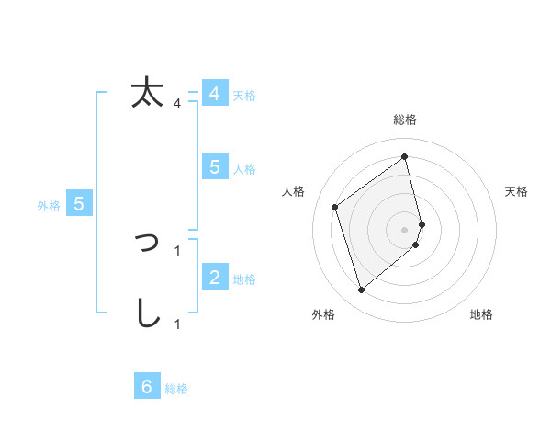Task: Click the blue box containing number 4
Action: click(214, 94)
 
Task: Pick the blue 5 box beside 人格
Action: click(214, 167)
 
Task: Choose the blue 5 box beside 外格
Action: click(79, 204)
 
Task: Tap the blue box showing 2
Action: click(214, 278)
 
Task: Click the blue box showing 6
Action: click(147, 387)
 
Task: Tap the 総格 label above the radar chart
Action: click(405, 119)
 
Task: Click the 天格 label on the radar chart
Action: click(516, 191)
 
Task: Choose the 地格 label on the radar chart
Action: click(481, 314)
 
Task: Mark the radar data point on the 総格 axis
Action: click(405, 156)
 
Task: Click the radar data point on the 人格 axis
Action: click(335, 207)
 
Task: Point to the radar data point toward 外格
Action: click(361, 290)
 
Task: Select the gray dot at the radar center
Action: click(405, 228)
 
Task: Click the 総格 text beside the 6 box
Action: click(176, 389)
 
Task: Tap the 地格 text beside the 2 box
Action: click(244, 279)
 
